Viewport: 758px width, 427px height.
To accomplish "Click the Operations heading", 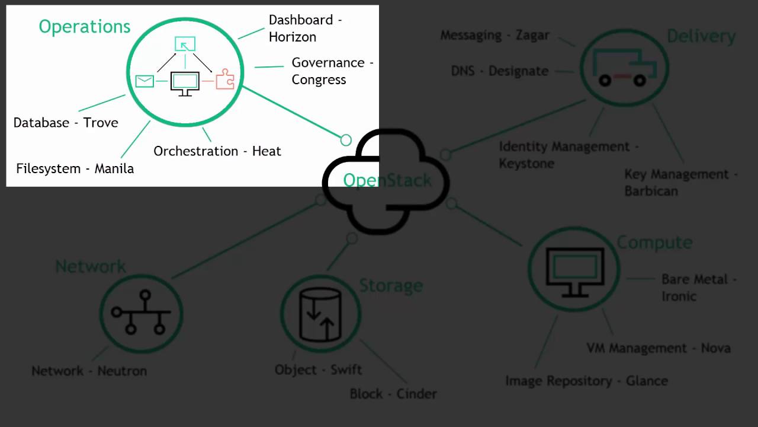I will pyautogui.click(x=85, y=27).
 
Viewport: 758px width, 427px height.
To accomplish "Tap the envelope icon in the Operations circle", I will pyautogui.click(x=144, y=81).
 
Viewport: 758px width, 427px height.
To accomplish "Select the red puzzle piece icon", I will pyautogui.click(x=225, y=79).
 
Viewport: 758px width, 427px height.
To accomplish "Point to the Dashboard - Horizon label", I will pyautogui.click(x=305, y=28).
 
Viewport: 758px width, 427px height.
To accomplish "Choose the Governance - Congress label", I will pyautogui.click(x=332, y=71).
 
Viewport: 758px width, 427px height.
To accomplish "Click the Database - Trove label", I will pyautogui.click(x=66, y=123).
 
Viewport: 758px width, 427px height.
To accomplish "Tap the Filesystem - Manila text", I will pyautogui.click(x=75, y=168).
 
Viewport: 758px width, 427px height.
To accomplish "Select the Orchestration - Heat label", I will pyautogui.click(x=217, y=151).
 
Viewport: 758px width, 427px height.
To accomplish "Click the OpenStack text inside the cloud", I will pyautogui.click(x=387, y=180).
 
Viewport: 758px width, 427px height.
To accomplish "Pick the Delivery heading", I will pyautogui.click(x=701, y=36).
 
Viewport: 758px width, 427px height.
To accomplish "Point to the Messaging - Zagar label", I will pyautogui.click(x=495, y=36).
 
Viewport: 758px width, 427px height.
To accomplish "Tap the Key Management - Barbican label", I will pyautogui.click(x=681, y=183).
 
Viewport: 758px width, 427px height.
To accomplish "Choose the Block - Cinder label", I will pyautogui.click(x=393, y=394).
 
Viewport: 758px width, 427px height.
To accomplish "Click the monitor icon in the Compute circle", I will pyautogui.click(x=574, y=270).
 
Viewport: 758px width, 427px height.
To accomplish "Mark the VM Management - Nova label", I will pyautogui.click(x=659, y=348).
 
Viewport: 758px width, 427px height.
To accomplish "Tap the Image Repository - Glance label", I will pyautogui.click(x=586, y=381).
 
